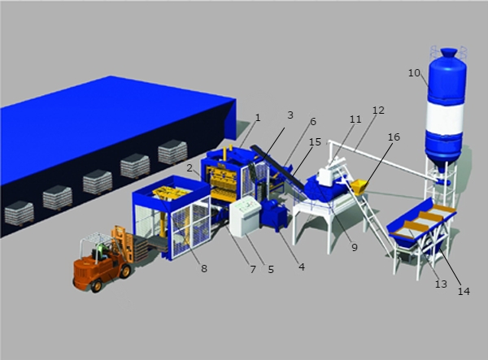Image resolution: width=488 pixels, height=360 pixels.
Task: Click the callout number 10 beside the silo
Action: point(414,73)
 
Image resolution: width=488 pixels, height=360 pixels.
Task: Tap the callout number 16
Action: point(394,137)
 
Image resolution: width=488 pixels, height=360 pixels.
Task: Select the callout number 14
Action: point(464,291)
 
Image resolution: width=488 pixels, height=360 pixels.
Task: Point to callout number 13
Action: point(441,284)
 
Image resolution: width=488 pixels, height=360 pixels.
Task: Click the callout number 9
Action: point(355,247)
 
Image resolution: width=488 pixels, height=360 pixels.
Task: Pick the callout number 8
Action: point(204,269)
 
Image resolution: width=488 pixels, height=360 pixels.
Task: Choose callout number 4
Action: point(302,267)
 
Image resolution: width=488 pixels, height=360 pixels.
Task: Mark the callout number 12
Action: point(378,110)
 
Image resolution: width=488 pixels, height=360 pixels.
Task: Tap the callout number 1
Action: point(258,118)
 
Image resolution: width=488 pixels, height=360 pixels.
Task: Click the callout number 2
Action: point(190,168)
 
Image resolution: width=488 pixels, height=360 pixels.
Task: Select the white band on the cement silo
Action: point(445,118)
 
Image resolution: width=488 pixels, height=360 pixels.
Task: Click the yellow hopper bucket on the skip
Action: point(359,187)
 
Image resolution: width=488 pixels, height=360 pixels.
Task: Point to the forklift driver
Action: point(100,250)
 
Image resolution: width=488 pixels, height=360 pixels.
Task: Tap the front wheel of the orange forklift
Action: point(124,271)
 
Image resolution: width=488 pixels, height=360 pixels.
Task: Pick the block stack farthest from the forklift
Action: point(172,152)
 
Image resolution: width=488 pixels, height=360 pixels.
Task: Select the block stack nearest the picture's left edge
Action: point(19,213)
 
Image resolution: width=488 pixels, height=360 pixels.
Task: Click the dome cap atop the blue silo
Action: point(449,53)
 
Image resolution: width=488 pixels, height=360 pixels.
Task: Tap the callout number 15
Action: point(315,141)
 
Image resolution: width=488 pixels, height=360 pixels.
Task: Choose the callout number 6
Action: point(313,122)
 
